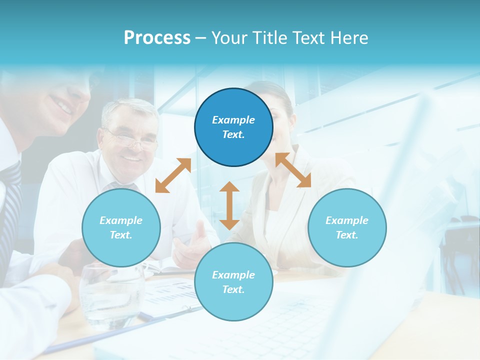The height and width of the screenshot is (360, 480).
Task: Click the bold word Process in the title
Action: (157, 38)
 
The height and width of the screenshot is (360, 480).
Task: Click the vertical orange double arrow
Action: (229, 205)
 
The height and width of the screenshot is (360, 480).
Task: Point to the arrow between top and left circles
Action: (173, 175)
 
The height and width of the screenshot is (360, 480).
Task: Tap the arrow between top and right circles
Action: (293, 170)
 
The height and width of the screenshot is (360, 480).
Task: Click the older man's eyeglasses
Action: (131, 139)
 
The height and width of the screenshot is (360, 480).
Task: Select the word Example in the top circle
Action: (233, 120)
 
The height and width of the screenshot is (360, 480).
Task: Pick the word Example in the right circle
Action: (347, 220)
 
